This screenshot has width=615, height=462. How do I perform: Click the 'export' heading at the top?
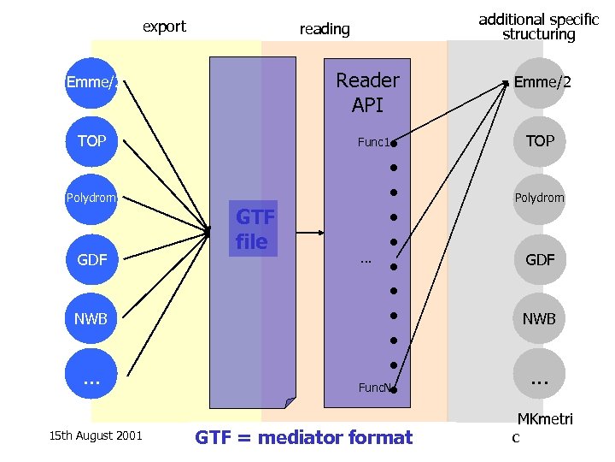coord(164,27)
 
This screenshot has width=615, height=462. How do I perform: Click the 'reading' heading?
coord(325,29)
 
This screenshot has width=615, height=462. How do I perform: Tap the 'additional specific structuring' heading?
coord(538,27)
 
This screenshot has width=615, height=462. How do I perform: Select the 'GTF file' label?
coord(254,229)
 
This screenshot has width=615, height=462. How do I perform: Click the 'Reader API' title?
coord(367,92)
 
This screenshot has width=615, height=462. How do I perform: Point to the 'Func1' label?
coord(373,143)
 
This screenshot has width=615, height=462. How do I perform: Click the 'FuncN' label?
coord(374,388)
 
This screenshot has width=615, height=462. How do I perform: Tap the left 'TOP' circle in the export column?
coord(91,141)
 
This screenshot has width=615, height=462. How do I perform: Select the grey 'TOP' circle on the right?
coord(540,141)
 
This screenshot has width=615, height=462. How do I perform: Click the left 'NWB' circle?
coord(91,319)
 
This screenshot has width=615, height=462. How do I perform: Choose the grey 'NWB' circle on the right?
coord(540,319)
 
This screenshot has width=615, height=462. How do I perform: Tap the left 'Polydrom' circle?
coord(91,198)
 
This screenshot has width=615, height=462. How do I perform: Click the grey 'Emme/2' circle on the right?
coord(540,83)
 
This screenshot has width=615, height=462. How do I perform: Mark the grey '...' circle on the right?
coord(540,376)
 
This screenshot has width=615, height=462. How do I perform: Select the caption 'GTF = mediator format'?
coord(304,438)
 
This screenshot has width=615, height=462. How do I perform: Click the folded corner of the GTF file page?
coord(290,403)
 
